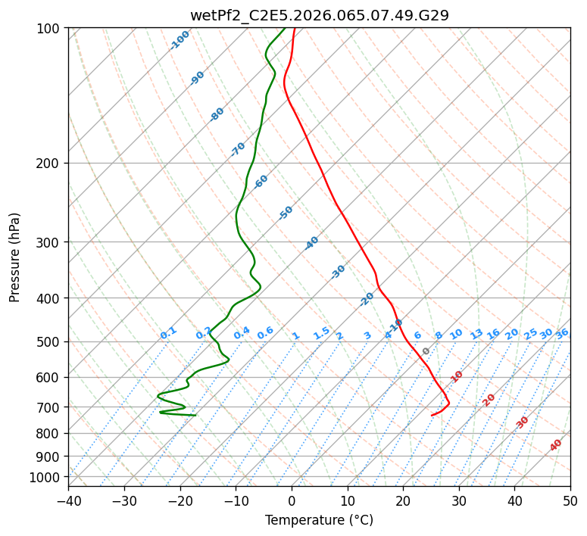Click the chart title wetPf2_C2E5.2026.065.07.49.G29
(319, 15)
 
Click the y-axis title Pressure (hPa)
(15, 257)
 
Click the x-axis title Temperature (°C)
(319, 521)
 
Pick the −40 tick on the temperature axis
(68, 500)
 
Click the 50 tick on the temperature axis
(570, 500)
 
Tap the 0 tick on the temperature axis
(292, 500)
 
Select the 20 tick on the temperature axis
(403, 500)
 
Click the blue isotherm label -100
(180, 40)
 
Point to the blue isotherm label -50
(286, 213)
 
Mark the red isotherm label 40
(556, 445)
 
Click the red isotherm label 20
(489, 399)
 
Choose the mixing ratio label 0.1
(168, 333)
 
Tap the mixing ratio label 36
(562, 333)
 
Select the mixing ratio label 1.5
(321, 333)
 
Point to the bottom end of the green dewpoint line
(195, 415)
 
